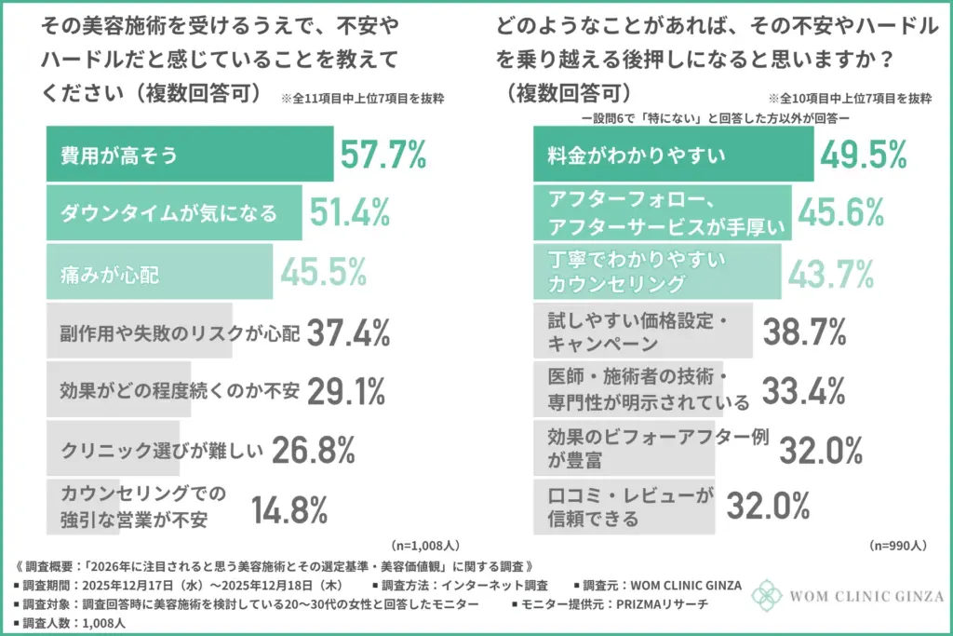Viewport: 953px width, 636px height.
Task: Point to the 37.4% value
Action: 348,332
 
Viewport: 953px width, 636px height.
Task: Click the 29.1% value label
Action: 345,391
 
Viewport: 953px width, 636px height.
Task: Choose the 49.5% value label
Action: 863,154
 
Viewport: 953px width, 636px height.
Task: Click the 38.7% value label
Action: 803,331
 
